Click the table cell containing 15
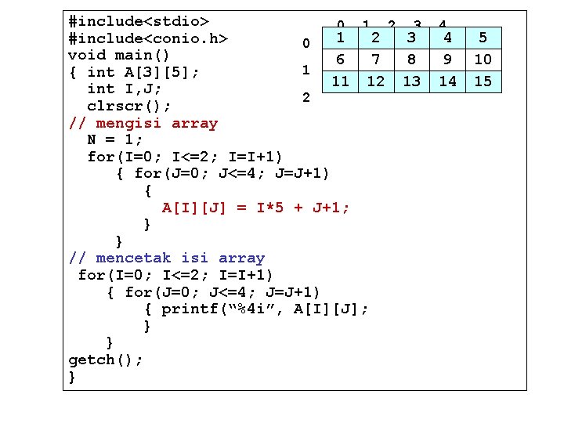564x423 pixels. pos(483,81)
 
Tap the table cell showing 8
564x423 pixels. pos(412,59)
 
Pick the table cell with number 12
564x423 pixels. pos(376,81)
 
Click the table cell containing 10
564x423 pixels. pos(483,59)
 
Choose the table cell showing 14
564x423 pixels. pos(448,81)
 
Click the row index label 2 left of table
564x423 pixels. pos(307,98)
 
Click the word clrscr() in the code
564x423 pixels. pos(128,106)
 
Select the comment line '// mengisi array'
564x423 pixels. pos(143,123)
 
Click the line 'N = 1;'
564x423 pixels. pos(115,139)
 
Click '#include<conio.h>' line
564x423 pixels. pos(148,38)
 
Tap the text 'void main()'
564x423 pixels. pos(119,55)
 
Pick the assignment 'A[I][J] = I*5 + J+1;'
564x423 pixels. pos(255,208)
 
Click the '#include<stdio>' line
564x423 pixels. pos(138,20)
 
